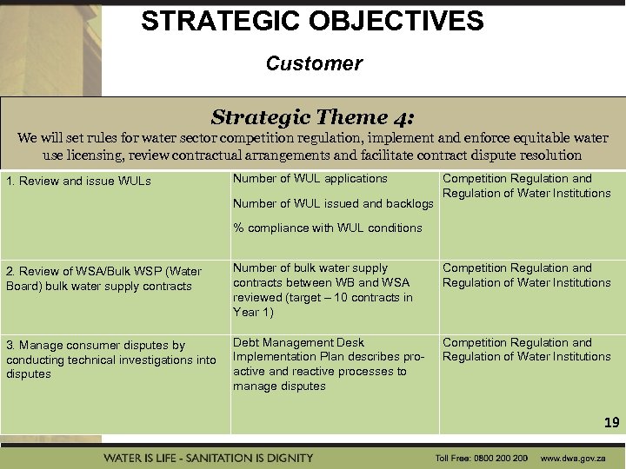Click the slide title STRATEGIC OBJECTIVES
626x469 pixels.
[x=312, y=21]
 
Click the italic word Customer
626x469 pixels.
[x=314, y=63]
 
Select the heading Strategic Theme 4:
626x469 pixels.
[x=313, y=117]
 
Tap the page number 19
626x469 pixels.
[x=611, y=423]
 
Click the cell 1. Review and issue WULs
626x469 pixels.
[x=78, y=182]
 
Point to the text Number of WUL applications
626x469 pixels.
[x=310, y=179]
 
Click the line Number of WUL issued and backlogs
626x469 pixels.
[x=333, y=203]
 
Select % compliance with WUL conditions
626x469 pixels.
[x=327, y=228]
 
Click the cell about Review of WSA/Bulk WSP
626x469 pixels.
[x=103, y=279]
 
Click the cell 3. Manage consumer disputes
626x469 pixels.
[x=110, y=360]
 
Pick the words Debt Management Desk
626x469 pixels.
[x=298, y=342]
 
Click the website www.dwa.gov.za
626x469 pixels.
[x=575, y=458]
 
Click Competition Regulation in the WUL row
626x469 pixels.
[x=516, y=179]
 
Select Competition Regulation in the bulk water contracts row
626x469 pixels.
[x=516, y=268]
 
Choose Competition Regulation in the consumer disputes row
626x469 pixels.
[x=516, y=342]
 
